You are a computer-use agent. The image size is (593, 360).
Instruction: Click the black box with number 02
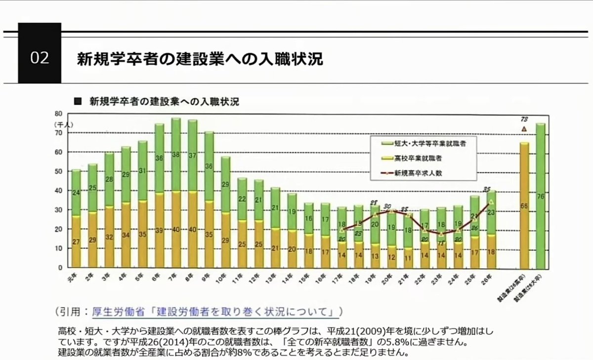40,58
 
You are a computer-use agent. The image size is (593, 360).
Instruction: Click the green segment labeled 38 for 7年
175,155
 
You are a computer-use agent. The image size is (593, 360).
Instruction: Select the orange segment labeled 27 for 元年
76,241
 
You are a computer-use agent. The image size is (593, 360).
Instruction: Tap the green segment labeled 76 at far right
541,196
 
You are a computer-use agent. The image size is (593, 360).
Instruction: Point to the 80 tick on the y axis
58,114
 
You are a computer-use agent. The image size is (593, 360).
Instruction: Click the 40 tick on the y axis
58,191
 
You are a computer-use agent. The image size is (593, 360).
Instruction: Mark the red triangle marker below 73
524,129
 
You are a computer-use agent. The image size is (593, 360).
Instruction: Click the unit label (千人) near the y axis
63,125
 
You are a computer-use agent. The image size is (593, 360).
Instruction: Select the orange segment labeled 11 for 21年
408,257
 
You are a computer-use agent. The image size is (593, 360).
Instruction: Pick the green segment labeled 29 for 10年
225,184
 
